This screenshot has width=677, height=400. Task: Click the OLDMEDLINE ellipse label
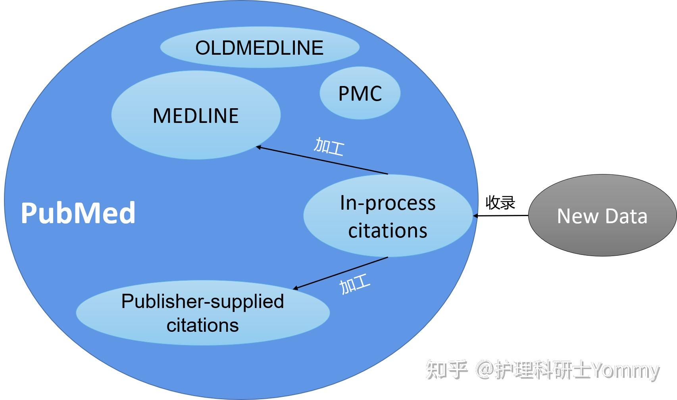tap(260, 48)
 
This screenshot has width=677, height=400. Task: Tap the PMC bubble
tap(360, 94)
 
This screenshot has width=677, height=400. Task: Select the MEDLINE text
tap(196, 116)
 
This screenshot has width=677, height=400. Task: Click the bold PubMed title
tap(78, 213)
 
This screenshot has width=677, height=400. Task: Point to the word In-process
tap(388, 203)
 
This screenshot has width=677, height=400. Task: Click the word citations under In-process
tap(388, 231)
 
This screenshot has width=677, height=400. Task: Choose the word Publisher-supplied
tap(202, 301)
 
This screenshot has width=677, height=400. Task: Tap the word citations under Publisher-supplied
tap(202, 325)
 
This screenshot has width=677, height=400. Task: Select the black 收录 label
tap(500, 203)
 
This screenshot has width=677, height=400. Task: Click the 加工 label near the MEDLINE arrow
tap(329, 147)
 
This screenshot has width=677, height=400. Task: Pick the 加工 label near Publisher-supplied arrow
tap(355, 284)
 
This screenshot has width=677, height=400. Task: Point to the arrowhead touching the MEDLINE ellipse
tap(258, 147)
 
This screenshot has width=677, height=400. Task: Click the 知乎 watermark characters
tap(447, 370)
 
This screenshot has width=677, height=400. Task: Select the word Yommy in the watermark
tap(626, 370)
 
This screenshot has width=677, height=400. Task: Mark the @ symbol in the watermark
tap(485, 370)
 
